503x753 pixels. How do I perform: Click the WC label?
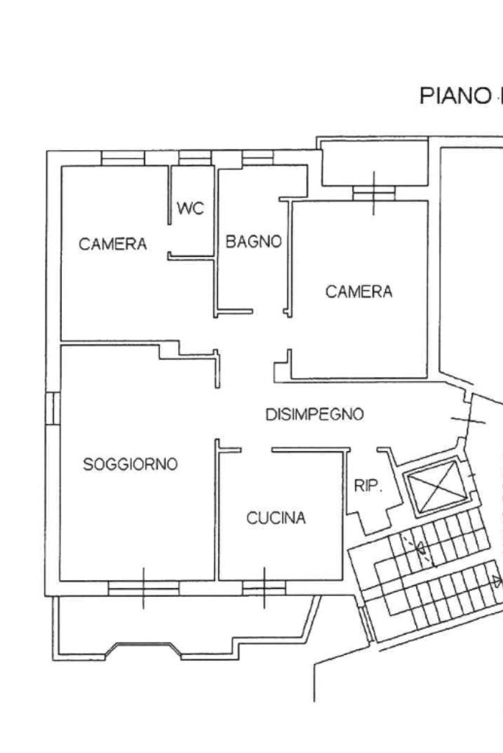pyautogui.click(x=190, y=208)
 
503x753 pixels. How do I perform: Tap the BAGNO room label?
pyautogui.click(x=253, y=241)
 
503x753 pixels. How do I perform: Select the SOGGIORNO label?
pyautogui.click(x=130, y=464)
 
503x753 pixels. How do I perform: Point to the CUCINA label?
pyautogui.click(x=275, y=517)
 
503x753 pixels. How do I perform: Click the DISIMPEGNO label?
pyautogui.click(x=314, y=414)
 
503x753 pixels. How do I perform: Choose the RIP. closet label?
pyautogui.click(x=368, y=486)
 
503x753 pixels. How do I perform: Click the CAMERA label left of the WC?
pyautogui.click(x=113, y=244)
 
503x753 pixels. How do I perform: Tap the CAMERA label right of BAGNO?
pyautogui.click(x=359, y=291)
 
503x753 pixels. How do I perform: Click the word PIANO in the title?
pyautogui.click(x=454, y=96)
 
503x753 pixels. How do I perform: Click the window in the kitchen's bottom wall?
pyautogui.click(x=264, y=588)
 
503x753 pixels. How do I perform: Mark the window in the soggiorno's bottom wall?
pyautogui.click(x=143, y=588)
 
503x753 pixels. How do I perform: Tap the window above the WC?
pyautogui.click(x=195, y=158)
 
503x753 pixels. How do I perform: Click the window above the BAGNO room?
pyautogui.click(x=258, y=158)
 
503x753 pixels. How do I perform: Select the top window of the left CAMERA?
pyautogui.click(x=123, y=158)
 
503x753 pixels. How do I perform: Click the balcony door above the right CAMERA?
pyautogui.click(x=374, y=193)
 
